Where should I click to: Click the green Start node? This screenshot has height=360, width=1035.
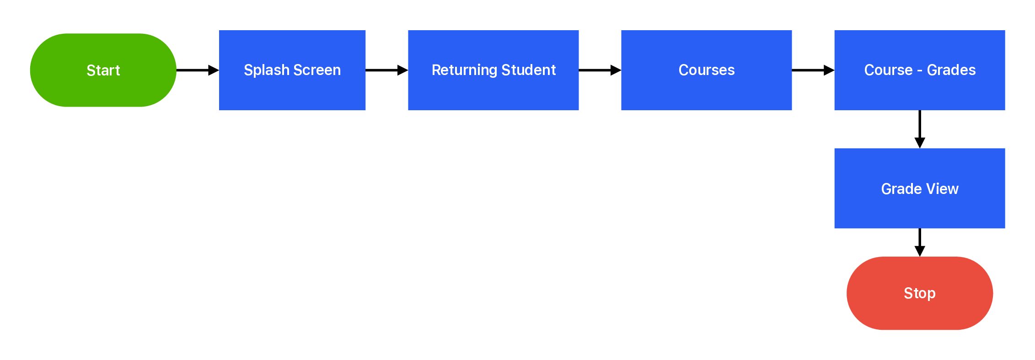coord(103,70)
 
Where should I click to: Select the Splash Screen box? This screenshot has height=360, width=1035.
coord(292,70)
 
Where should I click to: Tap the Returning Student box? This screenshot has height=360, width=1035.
coord(493,70)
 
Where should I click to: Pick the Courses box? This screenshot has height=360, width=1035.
coord(707,70)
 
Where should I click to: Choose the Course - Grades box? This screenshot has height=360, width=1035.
coord(920,70)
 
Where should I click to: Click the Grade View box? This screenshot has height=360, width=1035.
coord(920,188)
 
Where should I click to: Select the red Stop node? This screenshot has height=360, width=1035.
coord(920,293)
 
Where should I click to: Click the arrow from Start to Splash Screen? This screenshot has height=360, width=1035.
coord(198,70)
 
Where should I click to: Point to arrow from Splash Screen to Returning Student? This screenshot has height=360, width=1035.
coord(386,70)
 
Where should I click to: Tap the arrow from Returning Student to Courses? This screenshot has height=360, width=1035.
coord(600,70)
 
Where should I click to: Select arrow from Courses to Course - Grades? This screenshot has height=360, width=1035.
coord(813,70)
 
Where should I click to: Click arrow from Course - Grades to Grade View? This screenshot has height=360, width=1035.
coord(920,129)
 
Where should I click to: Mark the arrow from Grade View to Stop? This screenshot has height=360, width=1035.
coord(920,242)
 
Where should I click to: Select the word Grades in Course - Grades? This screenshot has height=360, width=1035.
coord(951,70)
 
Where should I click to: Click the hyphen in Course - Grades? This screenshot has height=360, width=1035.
coord(920,71)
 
